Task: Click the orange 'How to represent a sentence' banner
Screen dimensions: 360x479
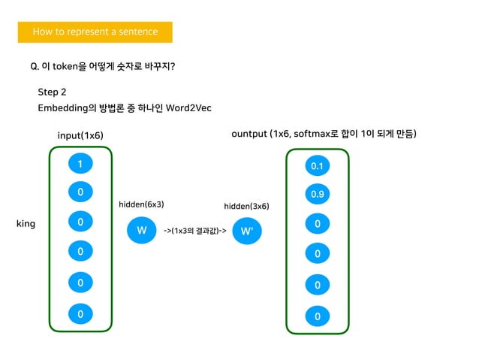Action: (x=95, y=32)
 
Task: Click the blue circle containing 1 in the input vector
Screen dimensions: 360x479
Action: (x=80, y=164)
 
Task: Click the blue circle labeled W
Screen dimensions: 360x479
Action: (x=141, y=230)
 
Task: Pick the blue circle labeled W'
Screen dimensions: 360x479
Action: (x=247, y=231)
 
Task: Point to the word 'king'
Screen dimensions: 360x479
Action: (x=26, y=224)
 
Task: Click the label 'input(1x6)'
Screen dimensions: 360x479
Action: (x=80, y=135)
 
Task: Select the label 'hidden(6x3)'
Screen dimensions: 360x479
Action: (x=141, y=204)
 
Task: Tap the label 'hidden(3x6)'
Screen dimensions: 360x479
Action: (x=246, y=206)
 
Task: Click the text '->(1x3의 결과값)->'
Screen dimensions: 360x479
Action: (x=195, y=231)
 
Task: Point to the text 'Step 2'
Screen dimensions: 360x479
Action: (x=53, y=92)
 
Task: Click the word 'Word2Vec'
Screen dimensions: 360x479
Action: (x=189, y=108)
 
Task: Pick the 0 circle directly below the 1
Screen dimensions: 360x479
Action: (x=80, y=192)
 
